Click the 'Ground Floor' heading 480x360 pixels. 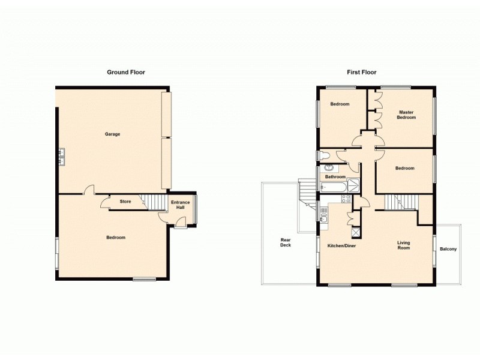tap(125, 72)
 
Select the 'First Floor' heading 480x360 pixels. tap(361, 72)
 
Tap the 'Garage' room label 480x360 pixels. tap(112, 134)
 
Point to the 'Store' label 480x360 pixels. tap(125, 202)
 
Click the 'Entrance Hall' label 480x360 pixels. tap(180, 205)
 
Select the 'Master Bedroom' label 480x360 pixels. tap(406, 115)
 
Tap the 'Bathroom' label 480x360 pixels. tap(335, 177)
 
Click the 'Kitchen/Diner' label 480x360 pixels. tap(341, 246)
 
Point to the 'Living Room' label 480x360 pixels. tap(403, 245)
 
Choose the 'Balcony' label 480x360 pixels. tap(448, 249)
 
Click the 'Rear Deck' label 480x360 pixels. tap(286, 242)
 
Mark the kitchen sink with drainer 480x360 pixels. tap(324, 222)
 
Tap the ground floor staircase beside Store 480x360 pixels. tap(155, 203)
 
